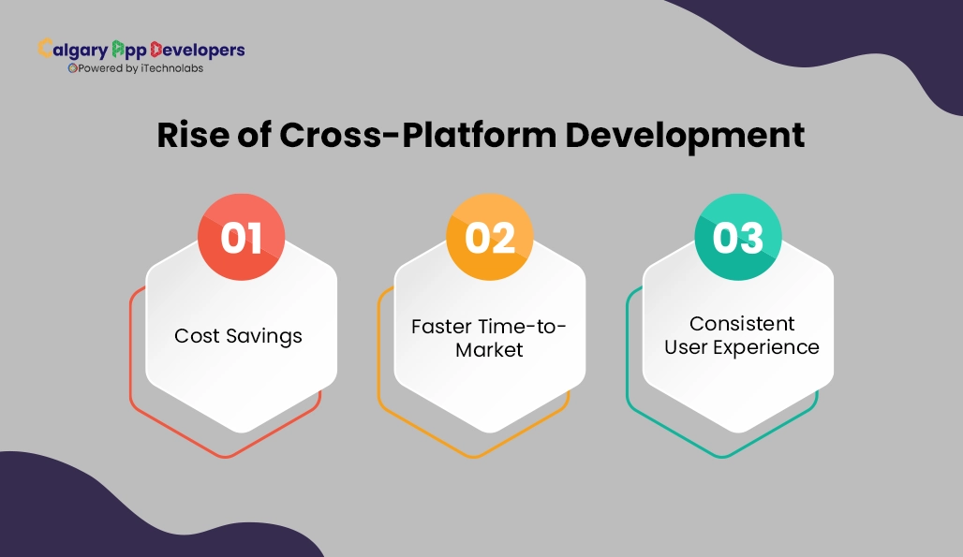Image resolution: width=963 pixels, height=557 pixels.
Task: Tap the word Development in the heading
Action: [x=684, y=135]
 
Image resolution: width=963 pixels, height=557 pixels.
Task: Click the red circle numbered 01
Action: [x=242, y=238]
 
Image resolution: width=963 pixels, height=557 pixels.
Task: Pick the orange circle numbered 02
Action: [x=490, y=238]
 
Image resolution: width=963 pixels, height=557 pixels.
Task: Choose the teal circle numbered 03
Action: [x=738, y=238]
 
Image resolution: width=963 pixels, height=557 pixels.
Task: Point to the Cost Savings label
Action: [x=238, y=336]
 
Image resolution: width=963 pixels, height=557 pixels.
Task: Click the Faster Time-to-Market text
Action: [x=489, y=338]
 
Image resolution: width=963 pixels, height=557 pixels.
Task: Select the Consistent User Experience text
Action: [x=741, y=335]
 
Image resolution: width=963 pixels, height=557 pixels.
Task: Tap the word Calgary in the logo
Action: [x=73, y=50]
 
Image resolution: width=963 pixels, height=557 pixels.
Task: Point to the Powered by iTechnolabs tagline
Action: [x=136, y=68]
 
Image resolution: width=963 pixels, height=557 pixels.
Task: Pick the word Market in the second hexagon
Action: [x=489, y=350]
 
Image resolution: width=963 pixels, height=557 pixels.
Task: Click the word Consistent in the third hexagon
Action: [x=742, y=323]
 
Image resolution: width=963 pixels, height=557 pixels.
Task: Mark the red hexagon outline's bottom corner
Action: [x=226, y=457]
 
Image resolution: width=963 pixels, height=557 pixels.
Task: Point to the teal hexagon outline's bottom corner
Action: [x=722, y=457]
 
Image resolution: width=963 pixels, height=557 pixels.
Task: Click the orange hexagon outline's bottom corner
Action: [x=474, y=457]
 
